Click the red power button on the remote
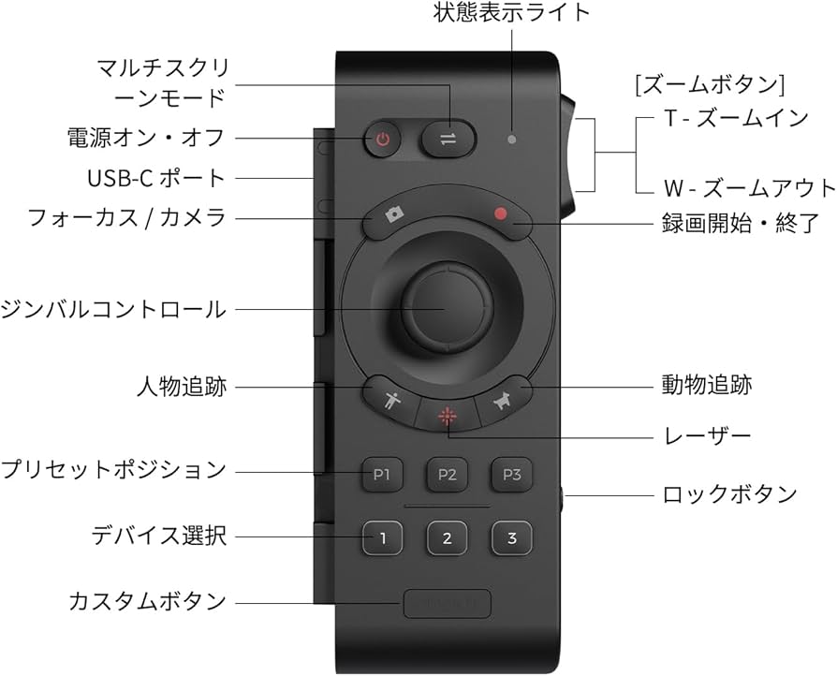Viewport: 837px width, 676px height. tap(382, 141)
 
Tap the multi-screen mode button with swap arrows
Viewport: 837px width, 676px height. tap(447, 140)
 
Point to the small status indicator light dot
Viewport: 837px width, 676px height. tap(510, 140)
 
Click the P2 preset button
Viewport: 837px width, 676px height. tap(447, 475)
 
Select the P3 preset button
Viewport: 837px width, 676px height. tap(511, 475)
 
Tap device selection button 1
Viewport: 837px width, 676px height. tap(382, 538)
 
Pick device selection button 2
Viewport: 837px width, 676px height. tap(447, 538)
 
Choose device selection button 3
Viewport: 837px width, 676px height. tap(511, 538)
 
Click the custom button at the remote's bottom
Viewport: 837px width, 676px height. tap(447, 604)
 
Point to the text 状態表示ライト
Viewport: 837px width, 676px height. tap(511, 13)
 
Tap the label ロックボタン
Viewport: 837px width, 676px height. tap(729, 493)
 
